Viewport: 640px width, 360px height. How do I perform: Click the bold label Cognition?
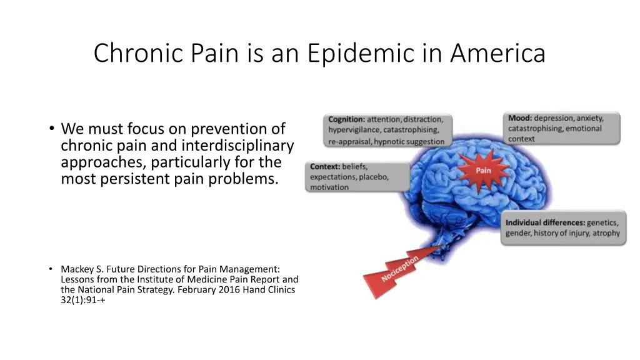[x=347, y=119]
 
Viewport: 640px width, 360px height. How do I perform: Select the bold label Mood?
[x=519, y=118]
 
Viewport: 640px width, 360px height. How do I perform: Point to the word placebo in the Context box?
[x=373, y=177]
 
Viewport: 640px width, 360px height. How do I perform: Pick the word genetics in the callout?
[x=603, y=222]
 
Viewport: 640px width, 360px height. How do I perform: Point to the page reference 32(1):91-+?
[x=79, y=299]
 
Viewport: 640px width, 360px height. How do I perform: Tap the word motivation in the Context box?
[x=329, y=187]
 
